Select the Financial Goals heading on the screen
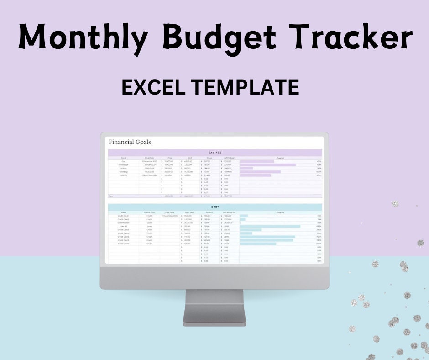130,142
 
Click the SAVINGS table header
214,152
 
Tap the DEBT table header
214,206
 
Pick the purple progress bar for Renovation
267,164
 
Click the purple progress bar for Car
257,161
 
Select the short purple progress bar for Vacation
246,168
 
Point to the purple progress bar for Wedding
260,172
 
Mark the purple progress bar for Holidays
255,175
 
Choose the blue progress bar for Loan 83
270,226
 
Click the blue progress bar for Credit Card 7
258,244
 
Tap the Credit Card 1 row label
123,216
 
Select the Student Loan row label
123,222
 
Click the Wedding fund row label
123,172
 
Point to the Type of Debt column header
149,212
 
